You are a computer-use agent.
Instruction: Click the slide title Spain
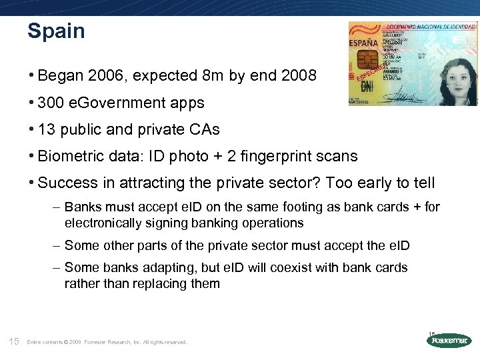pyautogui.click(x=56, y=31)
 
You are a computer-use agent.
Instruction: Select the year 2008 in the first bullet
pyautogui.click(x=297, y=76)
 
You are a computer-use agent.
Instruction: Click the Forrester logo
pyautogui.click(x=448, y=341)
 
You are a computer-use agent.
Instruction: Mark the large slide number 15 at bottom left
pyautogui.click(x=13, y=342)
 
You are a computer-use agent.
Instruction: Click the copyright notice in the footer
pyautogui.click(x=107, y=343)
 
